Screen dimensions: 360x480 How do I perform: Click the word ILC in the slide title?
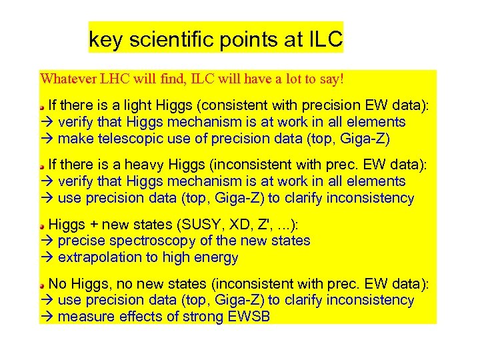tap(324, 41)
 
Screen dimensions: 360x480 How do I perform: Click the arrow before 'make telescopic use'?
tap(47, 139)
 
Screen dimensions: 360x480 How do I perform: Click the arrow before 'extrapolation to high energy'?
tap(47, 257)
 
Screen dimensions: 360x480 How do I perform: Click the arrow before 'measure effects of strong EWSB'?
tap(47, 317)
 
